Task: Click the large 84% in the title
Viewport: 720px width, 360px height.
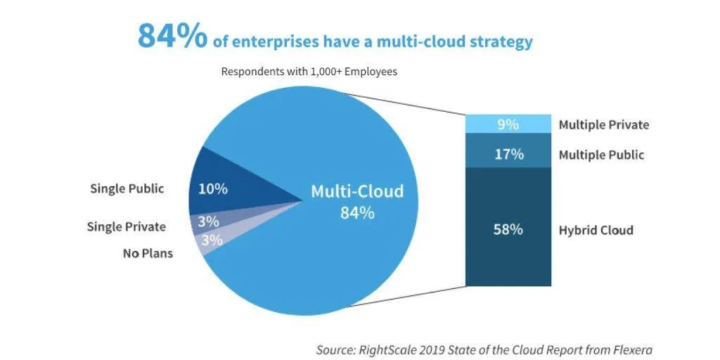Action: tap(172, 37)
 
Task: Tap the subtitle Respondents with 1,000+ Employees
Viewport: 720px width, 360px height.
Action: tap(309, 72)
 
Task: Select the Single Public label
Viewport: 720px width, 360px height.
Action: tap(127, 188)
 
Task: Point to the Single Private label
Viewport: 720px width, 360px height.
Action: tap(126, 226)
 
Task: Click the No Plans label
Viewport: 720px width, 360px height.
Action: tap(148, 253)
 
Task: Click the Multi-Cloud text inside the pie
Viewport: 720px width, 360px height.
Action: tap(357, 191)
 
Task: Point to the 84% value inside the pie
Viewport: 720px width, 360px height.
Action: tap(357, 212)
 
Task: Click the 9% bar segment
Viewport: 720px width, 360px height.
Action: tap(508, 124)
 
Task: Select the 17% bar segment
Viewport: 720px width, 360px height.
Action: tap(508, 154)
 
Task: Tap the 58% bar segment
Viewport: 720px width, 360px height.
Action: tap(508, 229)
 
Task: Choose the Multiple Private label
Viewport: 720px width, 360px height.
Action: tap(603, 125)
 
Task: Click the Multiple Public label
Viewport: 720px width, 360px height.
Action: tap(601, 155)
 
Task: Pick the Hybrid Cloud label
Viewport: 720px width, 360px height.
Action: tap(596, 230)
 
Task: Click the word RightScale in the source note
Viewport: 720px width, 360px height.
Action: tap(395, 349)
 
